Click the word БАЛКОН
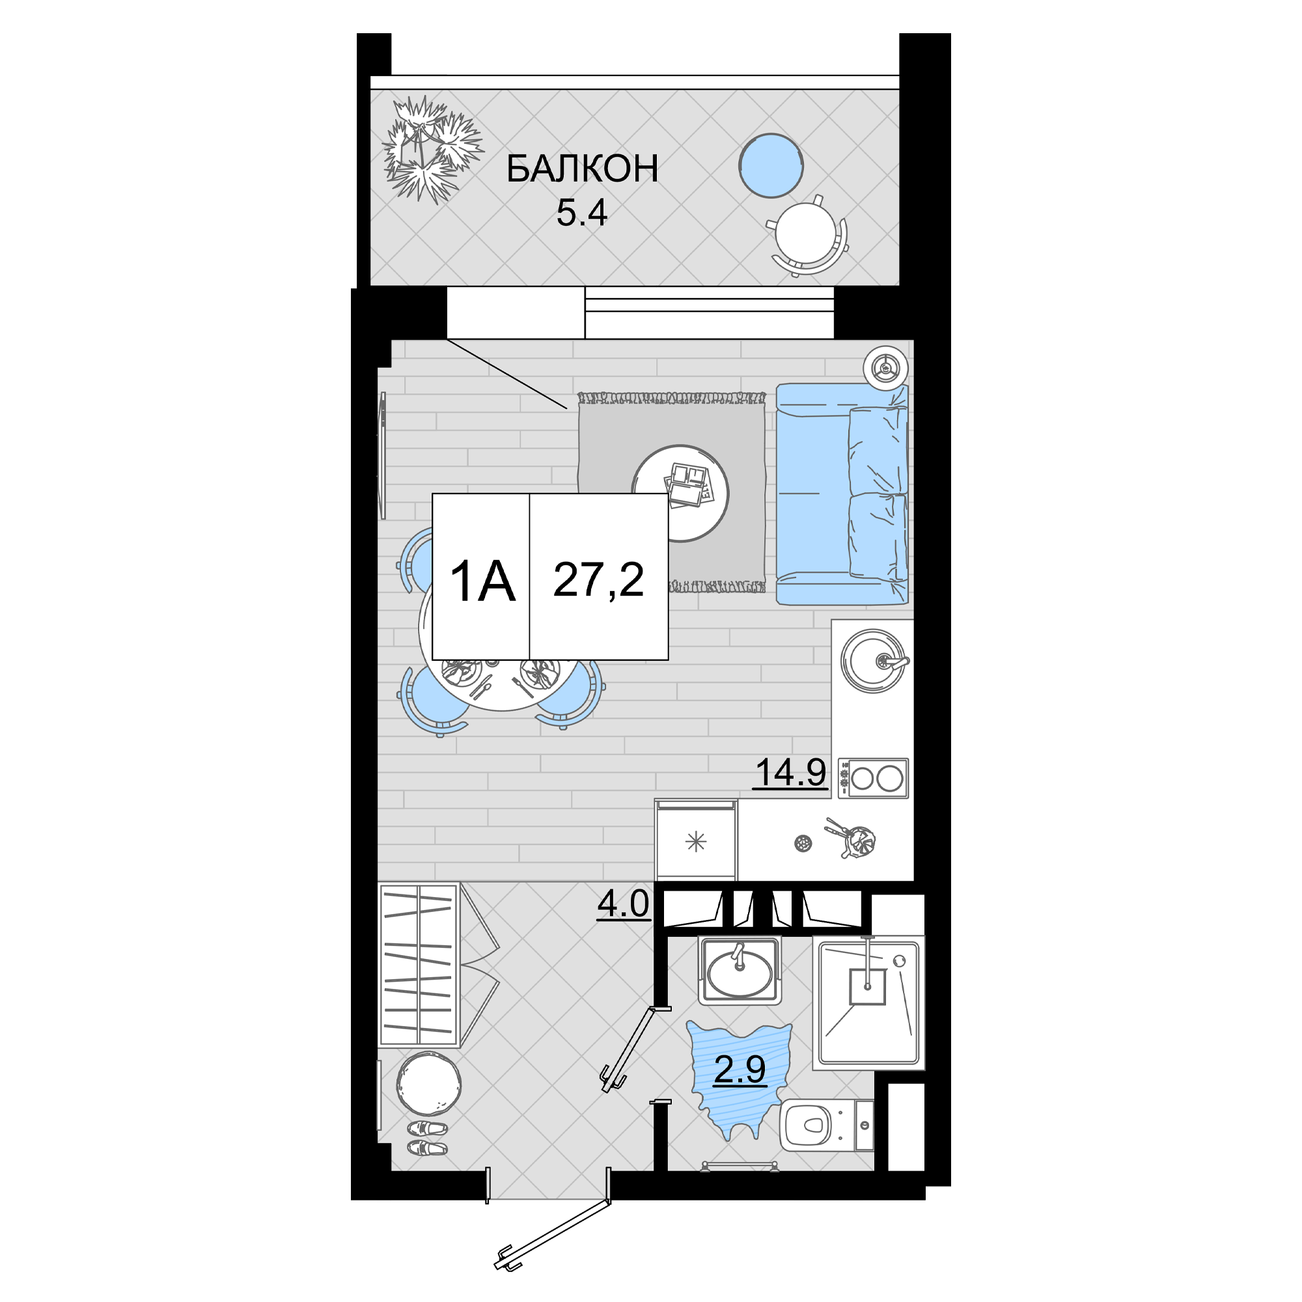582,169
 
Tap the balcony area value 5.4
581,213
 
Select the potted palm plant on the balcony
432,148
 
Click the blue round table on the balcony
771,166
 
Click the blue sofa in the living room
842,494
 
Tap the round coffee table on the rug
681,493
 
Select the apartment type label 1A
482,582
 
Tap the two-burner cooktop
874,779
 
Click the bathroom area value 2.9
740,1070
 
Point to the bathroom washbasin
740,971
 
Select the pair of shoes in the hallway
427,1138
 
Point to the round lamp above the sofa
885,368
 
